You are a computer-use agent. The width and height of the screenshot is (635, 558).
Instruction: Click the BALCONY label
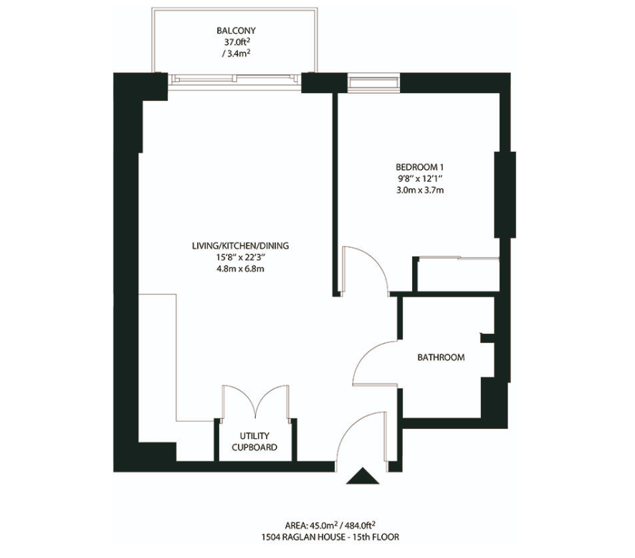point(236,30)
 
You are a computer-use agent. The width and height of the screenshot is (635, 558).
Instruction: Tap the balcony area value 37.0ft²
point(236,42)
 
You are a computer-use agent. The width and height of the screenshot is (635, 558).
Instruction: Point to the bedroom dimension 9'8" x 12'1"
point(419,178)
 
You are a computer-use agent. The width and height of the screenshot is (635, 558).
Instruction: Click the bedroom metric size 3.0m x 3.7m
point(419,190)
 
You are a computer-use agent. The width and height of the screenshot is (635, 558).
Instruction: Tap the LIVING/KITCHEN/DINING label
point(241,246)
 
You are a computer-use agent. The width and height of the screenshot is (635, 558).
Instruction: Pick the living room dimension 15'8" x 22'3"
point(241,257)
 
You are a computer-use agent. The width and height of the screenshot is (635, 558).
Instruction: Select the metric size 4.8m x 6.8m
point(241,269)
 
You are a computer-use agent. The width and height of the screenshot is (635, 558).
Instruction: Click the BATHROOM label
point(441,357)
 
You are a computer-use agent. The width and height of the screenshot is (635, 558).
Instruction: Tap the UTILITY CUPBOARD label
point(254,441)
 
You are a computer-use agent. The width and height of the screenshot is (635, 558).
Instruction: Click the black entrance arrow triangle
point(363,476)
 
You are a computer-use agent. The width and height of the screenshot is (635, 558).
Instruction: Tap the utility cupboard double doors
point(256,401)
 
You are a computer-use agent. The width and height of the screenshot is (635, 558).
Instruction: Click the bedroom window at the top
point(372,82)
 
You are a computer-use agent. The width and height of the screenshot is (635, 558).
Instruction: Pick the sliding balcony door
point(235,80)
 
